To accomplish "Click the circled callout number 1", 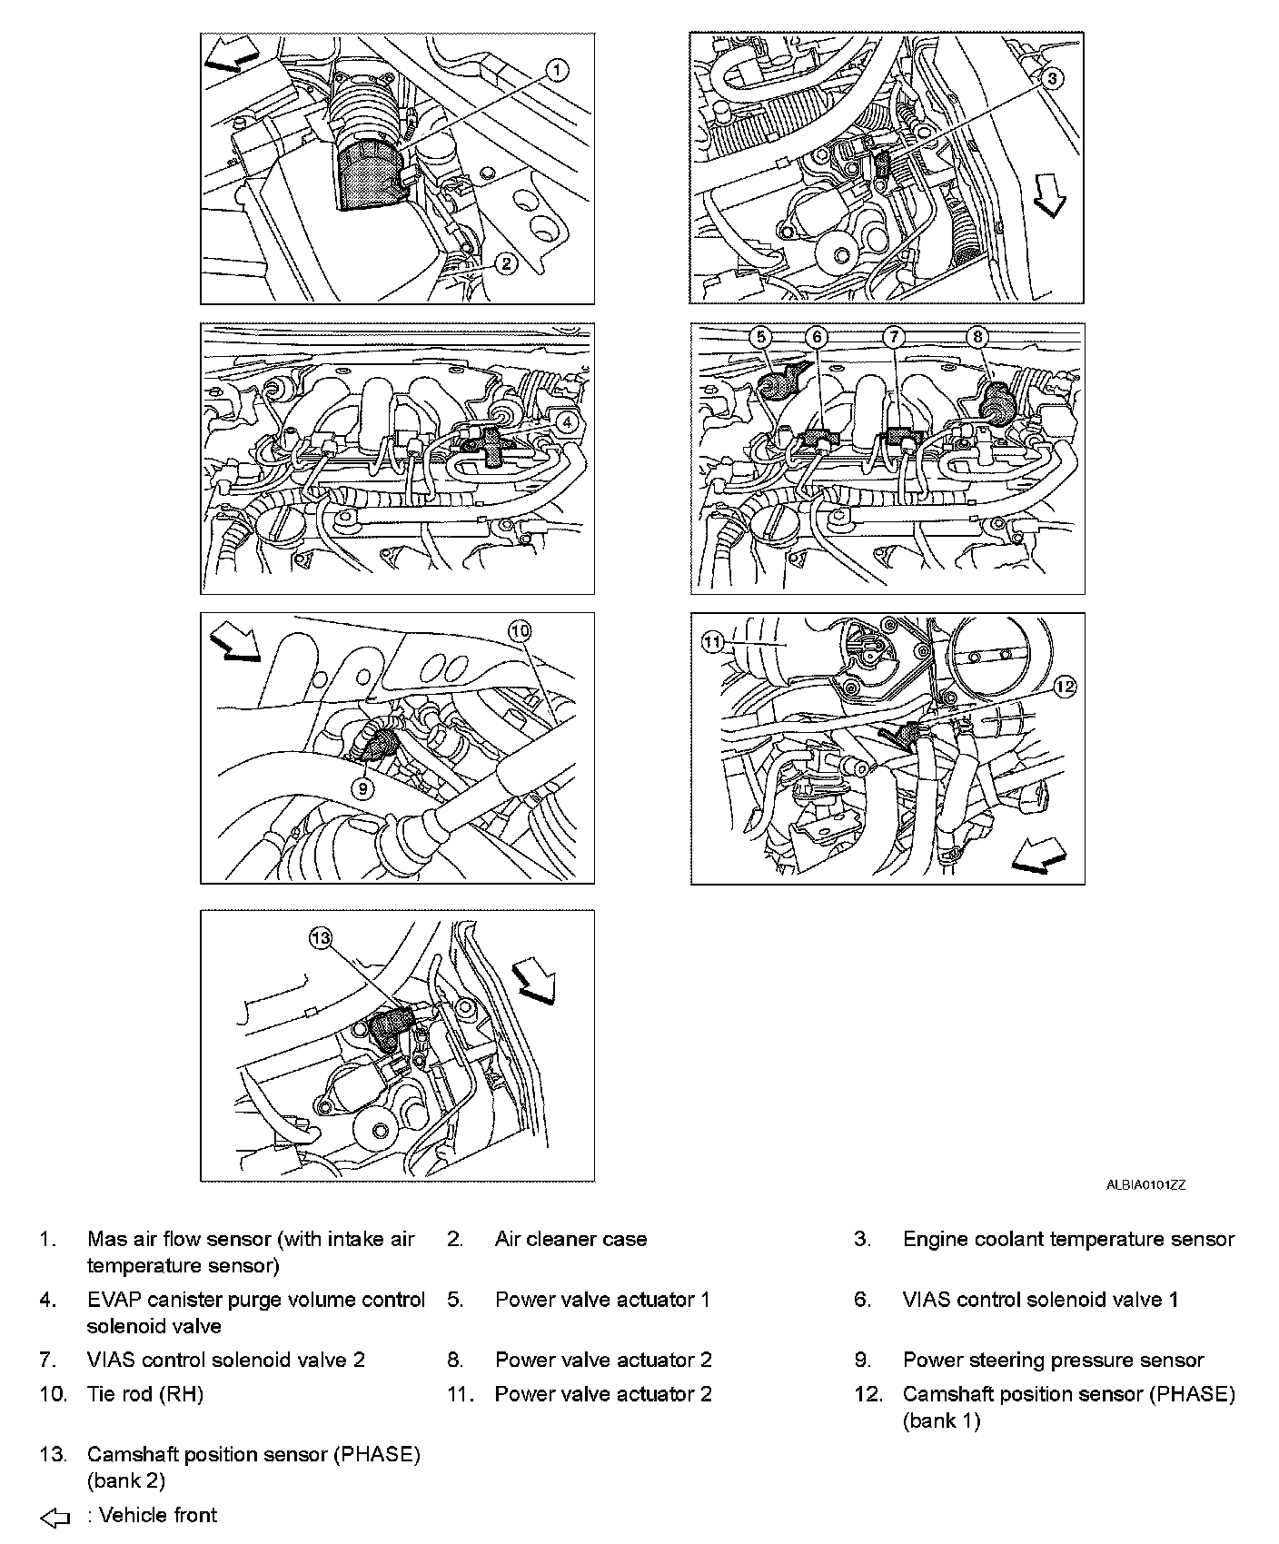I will (x=558, y=70).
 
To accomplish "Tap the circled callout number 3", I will (x=1051, y=78).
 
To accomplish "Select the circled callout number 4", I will (x=566, y=421).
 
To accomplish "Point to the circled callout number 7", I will (x=895, y=337).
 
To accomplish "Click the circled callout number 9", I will (x=362, y=787).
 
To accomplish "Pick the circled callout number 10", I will (x=519, y=630).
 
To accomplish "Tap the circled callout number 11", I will (x=711, y=642).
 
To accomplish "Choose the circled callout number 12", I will (x=1065, y=688).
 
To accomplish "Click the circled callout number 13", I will (x=321, y=937).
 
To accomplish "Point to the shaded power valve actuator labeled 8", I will (x=997, y=401).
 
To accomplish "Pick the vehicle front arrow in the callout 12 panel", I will (x=1038, y=855).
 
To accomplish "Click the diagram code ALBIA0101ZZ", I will (x=1145, y=1184).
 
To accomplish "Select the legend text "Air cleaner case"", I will (x=570, y=1239).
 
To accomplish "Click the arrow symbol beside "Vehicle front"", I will (x=55, y=1517).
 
